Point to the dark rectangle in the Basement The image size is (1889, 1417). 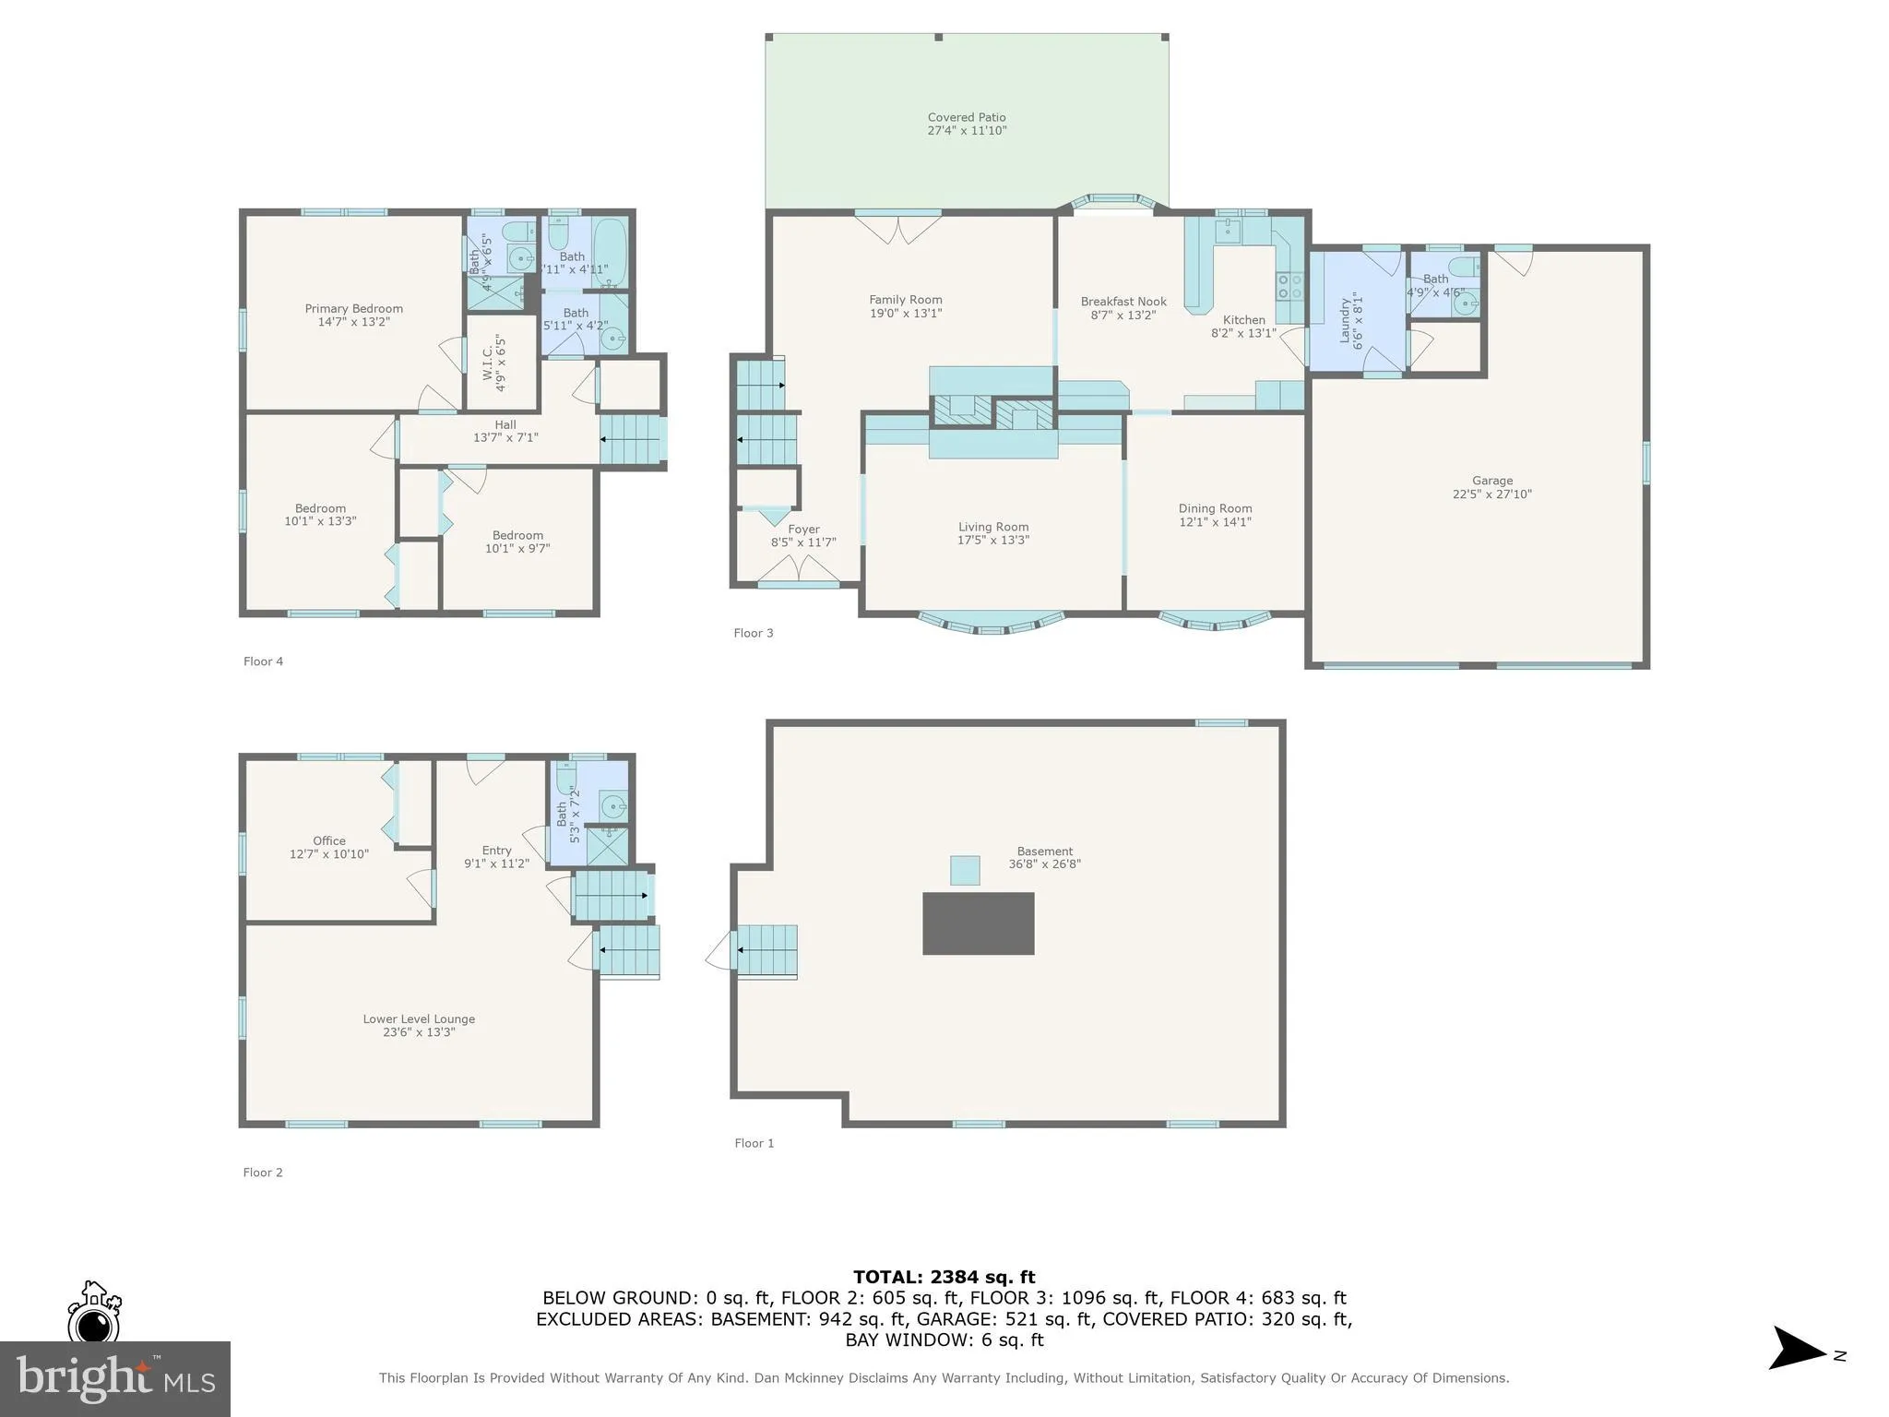(978, 923)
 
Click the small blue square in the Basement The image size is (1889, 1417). (965, 870)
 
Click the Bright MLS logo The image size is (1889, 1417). (114, 1378)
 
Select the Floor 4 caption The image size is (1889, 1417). (263, 661)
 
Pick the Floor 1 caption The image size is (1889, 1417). (754, 1143)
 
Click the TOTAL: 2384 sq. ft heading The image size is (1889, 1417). (944, 1278)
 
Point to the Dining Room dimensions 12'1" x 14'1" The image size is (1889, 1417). (1215, 522)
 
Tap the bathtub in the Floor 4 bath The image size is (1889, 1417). (609, 251)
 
